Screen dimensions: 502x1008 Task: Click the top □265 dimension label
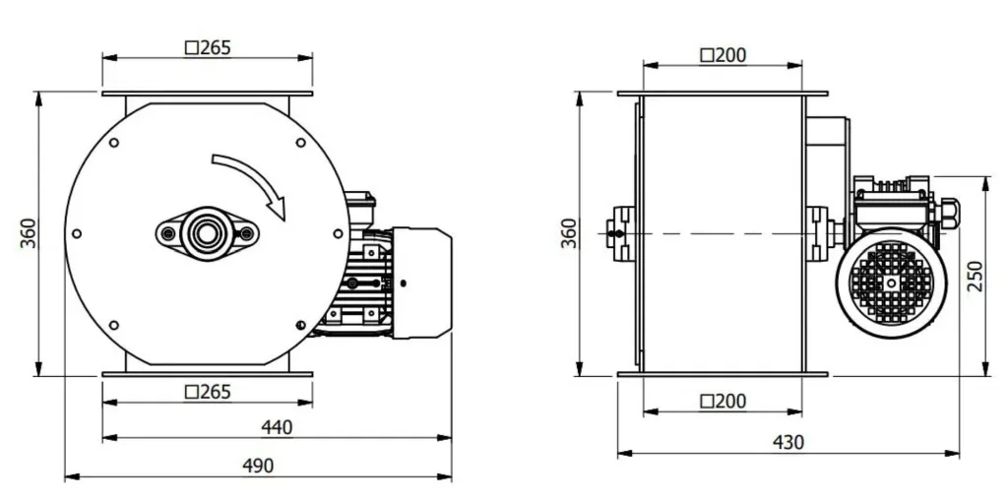pos(208,47)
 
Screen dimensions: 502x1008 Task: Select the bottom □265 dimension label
pos(208,392)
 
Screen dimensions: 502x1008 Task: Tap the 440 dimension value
pos(277,427)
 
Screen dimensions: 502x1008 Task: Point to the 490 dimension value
pos(258,466)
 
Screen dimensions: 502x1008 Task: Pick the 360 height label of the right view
pos(569,233)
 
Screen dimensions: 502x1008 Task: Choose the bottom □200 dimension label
pos(723,402)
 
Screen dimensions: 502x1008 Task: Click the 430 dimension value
pos(787,443)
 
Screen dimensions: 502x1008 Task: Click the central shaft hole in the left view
pos(207,233)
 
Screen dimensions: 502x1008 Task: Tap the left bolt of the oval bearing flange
pos(168,233)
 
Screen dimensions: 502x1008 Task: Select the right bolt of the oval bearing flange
pos(246,233)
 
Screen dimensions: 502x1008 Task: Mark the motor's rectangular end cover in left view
pos(421,282)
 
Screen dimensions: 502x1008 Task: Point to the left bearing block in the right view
pos(622,234)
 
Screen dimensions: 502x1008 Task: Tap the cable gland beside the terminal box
pos(950,209)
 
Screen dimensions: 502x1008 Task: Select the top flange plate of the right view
pos(723,94)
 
